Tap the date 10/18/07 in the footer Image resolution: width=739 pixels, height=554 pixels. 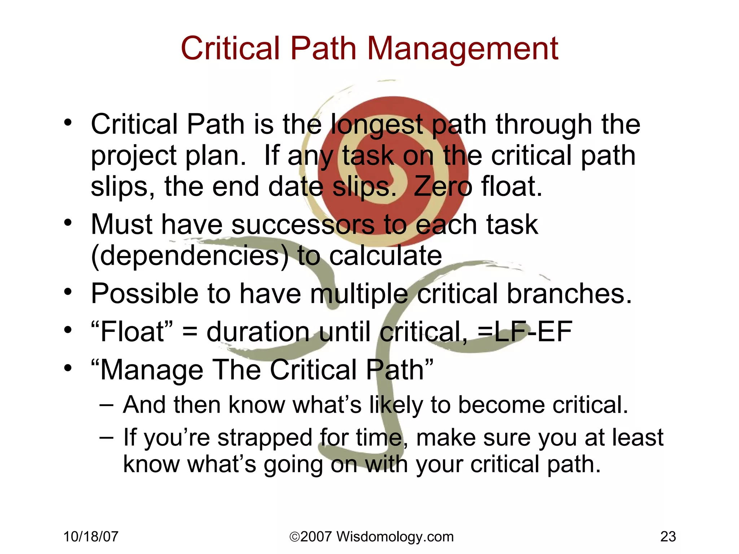click(x=91, y=537)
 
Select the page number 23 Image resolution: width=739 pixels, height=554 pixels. click(x=668, y=537)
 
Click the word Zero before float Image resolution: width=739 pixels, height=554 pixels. click(x=443, y=187)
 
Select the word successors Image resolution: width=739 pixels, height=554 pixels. click(x=303, y=225)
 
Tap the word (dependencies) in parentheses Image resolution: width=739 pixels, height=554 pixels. click(x=190, y=256)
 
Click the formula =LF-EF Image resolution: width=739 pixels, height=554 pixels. click(x=525, y=331)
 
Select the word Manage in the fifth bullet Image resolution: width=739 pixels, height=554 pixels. click(x=152, y=370)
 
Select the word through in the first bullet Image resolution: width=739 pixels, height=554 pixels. click(x=544, y=124)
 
